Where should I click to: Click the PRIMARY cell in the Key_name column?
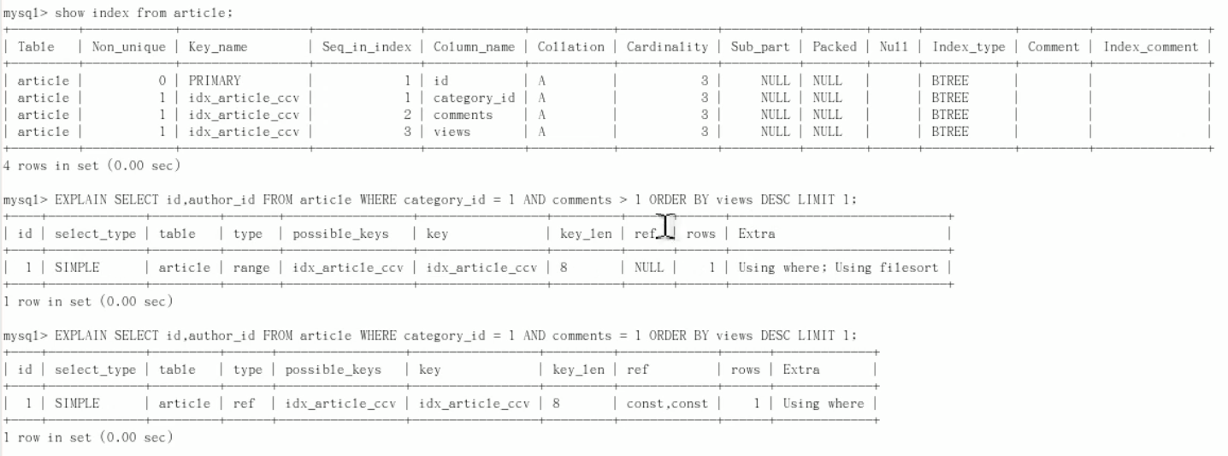tap(215, 80)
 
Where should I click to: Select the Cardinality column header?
tap(667, 47)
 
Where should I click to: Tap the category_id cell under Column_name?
tap(474, 98)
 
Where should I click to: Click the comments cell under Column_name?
tap(463, 115)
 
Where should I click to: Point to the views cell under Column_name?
tap(452, 132)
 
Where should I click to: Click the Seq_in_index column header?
tap(367, 47)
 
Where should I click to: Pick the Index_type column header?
tap(969, 47)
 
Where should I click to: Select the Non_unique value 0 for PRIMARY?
tap(162, 80)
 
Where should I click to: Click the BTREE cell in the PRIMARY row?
tap(950, 80)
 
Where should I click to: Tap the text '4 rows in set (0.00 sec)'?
tap(92, 165)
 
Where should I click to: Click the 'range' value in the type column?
tap(251, 268)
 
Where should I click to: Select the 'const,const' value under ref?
tap(667, 404)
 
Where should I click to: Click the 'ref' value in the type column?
tap(244, 404)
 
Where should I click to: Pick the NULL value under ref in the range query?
tap(649, 268)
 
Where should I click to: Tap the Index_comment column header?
tap(1150, 47)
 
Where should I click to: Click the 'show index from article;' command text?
tap(143, 13)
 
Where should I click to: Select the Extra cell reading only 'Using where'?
tap(824, 404)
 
